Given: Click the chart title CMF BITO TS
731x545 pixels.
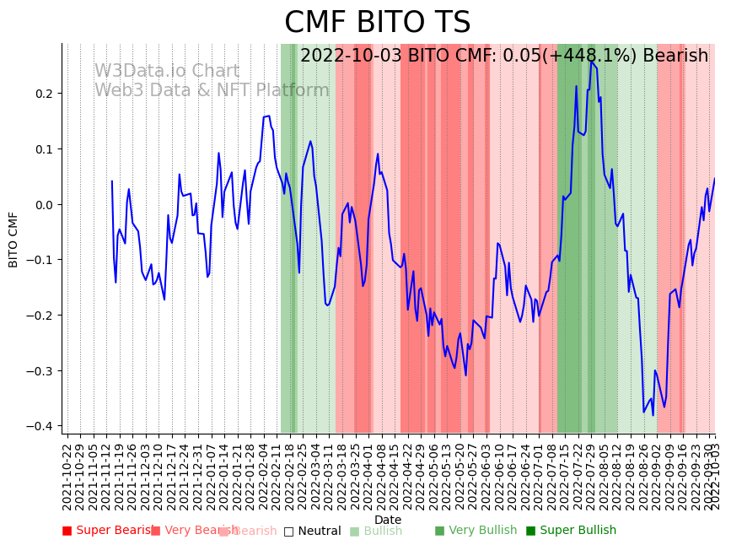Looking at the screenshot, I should [x=377, y=23].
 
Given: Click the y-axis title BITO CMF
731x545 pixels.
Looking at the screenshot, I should [x=13, y=240].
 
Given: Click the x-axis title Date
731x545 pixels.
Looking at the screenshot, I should [x=388, y=520].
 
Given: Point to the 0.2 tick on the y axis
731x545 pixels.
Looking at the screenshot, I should [x=43, y=94].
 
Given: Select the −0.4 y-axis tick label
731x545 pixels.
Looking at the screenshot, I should [x=40, y=426].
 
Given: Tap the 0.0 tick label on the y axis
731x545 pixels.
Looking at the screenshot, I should [x=43, y=205].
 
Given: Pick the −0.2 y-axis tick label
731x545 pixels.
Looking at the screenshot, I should [x=40, y=316].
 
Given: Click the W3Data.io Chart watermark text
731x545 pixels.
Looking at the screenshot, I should [x=167, y=72].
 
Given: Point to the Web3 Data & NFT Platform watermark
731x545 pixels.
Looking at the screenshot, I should [x=212, y=90].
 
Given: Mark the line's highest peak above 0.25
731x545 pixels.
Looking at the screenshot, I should [x=591, y=61].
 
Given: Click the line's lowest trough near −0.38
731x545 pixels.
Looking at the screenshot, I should [x=653, y=415].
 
